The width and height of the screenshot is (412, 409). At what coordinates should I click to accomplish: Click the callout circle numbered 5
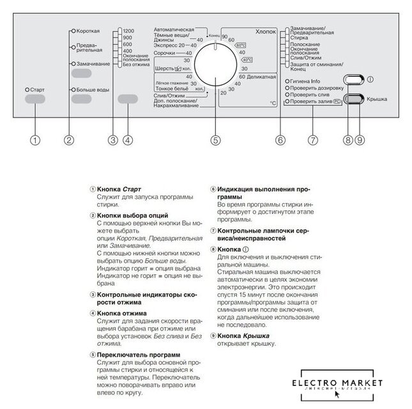215,139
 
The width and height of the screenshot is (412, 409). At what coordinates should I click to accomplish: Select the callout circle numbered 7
312,139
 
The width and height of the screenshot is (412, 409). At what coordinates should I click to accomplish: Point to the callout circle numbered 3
112,139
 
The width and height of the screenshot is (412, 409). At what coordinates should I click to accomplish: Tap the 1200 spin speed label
128,31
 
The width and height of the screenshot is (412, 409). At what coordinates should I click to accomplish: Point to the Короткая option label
89,30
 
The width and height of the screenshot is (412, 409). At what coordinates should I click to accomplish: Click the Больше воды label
93,90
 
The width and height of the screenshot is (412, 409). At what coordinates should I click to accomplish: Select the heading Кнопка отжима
121,313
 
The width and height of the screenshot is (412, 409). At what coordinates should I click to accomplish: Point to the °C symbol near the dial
273,103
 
